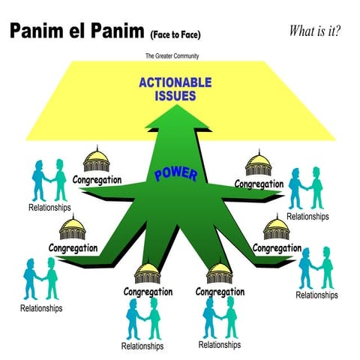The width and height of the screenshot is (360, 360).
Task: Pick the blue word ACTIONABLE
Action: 174,82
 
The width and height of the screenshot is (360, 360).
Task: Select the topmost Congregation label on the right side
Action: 259,183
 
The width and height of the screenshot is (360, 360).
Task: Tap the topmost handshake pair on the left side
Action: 49,180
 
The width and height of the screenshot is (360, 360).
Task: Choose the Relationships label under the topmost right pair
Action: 307,216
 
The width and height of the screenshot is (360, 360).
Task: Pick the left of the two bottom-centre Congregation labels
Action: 148,291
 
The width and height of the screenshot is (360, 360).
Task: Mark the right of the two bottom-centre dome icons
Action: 220,271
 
